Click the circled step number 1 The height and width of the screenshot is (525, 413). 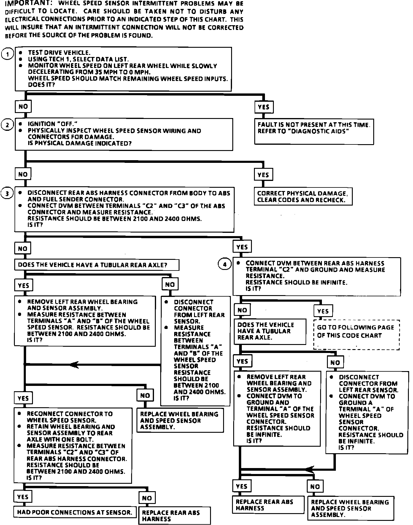point(7,54)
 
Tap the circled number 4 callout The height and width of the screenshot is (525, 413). point(225,264)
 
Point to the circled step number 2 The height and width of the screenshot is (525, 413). point(7,125)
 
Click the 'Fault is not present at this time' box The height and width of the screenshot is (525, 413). point(314,131)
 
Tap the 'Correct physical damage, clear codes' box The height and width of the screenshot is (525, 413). point(303,196)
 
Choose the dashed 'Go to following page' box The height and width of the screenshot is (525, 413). point(356,335)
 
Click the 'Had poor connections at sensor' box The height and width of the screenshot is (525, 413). point(74,512)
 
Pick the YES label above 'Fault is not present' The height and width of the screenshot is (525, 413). point(264,107)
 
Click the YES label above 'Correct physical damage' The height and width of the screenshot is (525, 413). point(263,175)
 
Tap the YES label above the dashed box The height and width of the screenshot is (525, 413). point(323,311)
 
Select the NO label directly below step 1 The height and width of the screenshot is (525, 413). point(23,106)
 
